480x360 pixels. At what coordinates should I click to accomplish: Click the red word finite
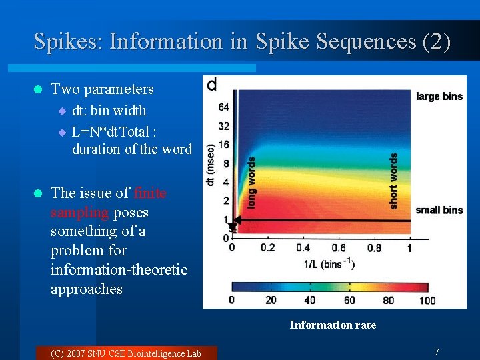tap(150, 193)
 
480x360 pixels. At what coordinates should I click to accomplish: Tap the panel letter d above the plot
tap(211, 85)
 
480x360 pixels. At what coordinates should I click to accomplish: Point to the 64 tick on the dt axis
tap(224, 107)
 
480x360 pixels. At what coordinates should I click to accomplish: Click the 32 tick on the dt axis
tap(224, 125)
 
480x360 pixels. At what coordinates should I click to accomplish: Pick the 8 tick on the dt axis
tap(227, 163)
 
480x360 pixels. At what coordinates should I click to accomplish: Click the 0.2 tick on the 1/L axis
tap(267, 248)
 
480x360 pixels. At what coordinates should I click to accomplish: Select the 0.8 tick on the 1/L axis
tap(374, 248)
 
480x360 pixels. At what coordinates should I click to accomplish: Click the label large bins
tap(439, 97)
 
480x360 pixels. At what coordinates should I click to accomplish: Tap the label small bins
tap(439, 210)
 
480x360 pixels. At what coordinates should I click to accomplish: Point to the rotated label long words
tap(251, 182)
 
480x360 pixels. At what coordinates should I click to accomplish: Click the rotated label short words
tap(393, 181)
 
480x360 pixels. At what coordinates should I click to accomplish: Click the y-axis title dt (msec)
tap(211, 163)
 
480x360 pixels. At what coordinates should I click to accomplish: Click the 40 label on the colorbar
tap(309, 300)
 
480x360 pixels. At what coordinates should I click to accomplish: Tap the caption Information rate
tap(333, 325)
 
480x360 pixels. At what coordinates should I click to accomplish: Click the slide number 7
tap(436, 351)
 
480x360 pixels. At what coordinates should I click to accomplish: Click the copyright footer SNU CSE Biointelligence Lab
tap(125, 353)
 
